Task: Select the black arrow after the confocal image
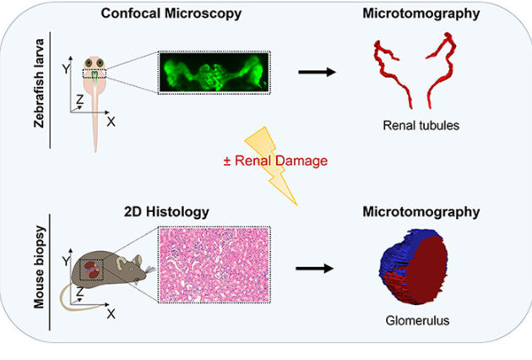coord(317,71)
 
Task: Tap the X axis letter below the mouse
coord(111,314)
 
